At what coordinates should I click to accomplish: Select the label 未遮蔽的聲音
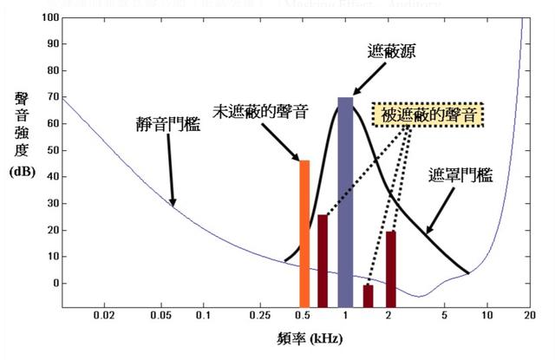point(264,114)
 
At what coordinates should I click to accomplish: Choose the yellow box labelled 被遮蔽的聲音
point(427,115)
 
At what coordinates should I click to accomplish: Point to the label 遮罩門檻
point(460,176)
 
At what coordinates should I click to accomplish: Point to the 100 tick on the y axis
point(48,17)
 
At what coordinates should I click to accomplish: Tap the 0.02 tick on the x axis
point(105,317)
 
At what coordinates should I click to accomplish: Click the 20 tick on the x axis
point(528,317)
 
